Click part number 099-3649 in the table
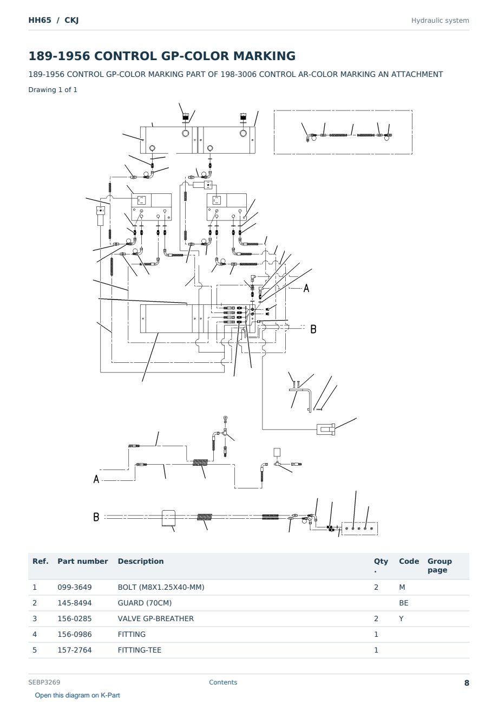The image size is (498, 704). (x=75, y=587)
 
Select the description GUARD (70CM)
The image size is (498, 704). (x=145, y=603)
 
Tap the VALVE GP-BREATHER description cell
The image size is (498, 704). (x=155, y=618)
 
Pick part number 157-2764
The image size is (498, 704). (x=75, y=650)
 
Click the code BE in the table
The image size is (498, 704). (x=403, y=603)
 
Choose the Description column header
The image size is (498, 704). (x=140, y=562)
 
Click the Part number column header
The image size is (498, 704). (x=83, y=562)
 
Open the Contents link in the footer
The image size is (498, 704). (x=223, y=682)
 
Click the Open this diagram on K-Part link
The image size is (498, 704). (x=77, y=695)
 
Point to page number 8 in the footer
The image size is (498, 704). (x=467, y=683)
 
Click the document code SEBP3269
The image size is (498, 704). (x=44, y=682)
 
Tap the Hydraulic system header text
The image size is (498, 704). (x=440, y=21)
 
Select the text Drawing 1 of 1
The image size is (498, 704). (x=53, y=90)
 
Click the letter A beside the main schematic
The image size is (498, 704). (x=306, y=288)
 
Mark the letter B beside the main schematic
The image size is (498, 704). (x=313, y=329)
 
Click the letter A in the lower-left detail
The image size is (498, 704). (x=96, y=479)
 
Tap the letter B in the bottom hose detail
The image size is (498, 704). (x=96, y=517)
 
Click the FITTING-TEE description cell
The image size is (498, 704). (x=140, y=650)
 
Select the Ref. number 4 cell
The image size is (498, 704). (x=35, y=634)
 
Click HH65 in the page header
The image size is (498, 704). (x=40, y=20)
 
